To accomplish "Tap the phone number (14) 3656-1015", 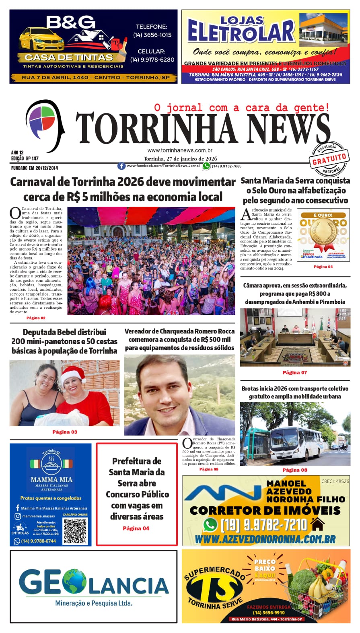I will tap(152, 35).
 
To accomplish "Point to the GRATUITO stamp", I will tap(329, 159).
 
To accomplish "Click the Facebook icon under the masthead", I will tap(121, 166).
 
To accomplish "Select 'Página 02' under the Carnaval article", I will tap(36, 318).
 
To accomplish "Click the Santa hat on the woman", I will tap(74, 374).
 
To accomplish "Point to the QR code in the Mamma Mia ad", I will tap(75, 531).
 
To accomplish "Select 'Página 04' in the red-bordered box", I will tap(136, 528).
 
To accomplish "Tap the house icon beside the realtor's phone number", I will tap(318, 524).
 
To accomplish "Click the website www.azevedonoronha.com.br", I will tap(265, 539).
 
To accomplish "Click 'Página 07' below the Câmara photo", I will tap(294, 372).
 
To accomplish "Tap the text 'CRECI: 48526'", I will tap(335, 481).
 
